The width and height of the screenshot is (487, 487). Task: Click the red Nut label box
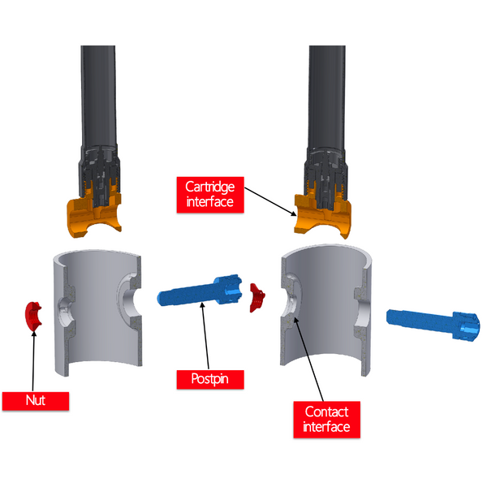click(x=36, y=401)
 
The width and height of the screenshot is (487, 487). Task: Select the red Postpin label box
click(x=210, y=379)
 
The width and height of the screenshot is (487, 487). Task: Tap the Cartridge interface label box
click(x=210, y=195)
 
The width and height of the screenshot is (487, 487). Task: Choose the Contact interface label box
click(x=327, y=420)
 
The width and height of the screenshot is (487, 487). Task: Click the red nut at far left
click(x=33, y=317)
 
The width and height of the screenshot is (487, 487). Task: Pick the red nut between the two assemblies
click(x=257, y=298)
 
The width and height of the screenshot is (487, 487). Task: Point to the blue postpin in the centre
click(x=200, y=290)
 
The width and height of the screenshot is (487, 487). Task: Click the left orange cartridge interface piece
click(x=94, y=211)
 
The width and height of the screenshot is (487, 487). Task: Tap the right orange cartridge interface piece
click(x=323, y=214)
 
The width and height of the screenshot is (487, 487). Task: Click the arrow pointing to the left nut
click(x=33, y=361)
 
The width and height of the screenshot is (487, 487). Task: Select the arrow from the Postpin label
click(x=205, y=336)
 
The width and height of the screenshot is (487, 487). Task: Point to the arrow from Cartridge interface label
click(x=270, y=201)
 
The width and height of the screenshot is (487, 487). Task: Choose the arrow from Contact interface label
click(x=308, y=359)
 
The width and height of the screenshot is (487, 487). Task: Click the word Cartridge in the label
click(x=210, y=187)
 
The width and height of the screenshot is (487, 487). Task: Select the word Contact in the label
click(x=326, y=412)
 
